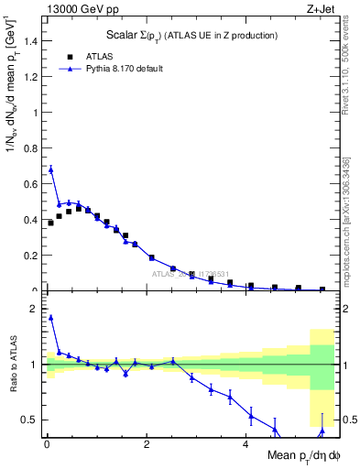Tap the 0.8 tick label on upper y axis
[31, 148]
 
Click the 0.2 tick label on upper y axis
[31, 256]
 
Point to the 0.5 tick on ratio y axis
[31, 420]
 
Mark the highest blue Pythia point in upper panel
[50, 169]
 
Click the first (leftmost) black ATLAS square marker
[50, 223]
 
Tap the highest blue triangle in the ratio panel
[50, 318]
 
